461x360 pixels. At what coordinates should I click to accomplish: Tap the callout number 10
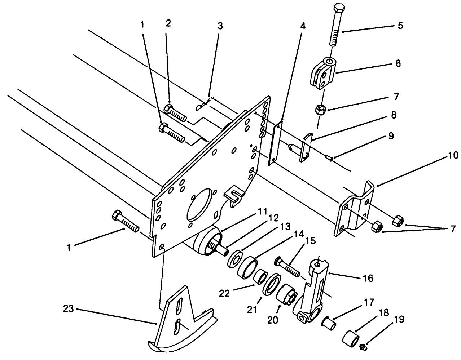point(443,156)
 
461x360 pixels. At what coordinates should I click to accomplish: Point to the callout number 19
point(399,320)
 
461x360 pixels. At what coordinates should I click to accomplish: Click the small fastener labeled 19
point(363,347)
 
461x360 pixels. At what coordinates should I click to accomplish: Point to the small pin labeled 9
point(329,157)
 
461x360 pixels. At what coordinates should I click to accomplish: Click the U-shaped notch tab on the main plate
point(233,195)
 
